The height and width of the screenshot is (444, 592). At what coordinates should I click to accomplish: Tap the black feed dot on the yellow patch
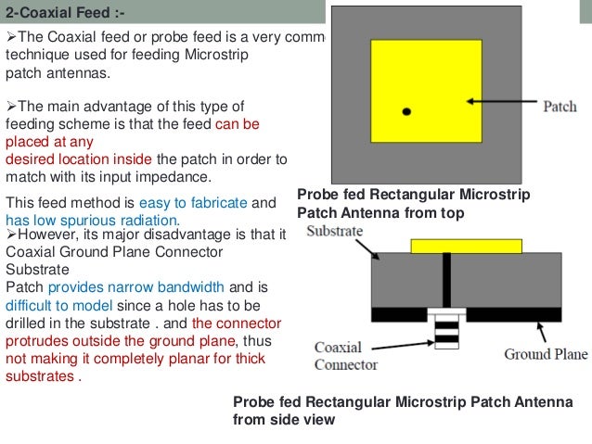coord(405,111)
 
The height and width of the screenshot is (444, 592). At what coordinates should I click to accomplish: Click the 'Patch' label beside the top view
coord(560,106)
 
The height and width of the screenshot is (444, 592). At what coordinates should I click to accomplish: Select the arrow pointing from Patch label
coord(499,101)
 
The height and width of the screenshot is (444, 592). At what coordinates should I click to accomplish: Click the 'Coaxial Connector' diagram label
coord(345,356)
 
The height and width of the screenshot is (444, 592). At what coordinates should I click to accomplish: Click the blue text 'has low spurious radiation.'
coord(92,219)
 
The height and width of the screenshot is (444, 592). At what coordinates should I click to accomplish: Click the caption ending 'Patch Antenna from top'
coord(380,213)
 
